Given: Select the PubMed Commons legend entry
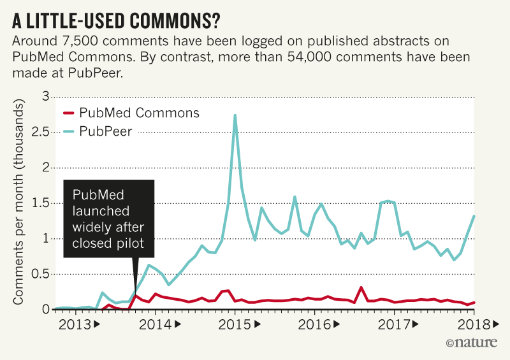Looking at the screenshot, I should tap(131, 113).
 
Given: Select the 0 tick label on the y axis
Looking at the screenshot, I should tap(45, 309).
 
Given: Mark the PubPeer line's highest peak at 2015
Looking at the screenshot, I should tap(235, 115).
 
